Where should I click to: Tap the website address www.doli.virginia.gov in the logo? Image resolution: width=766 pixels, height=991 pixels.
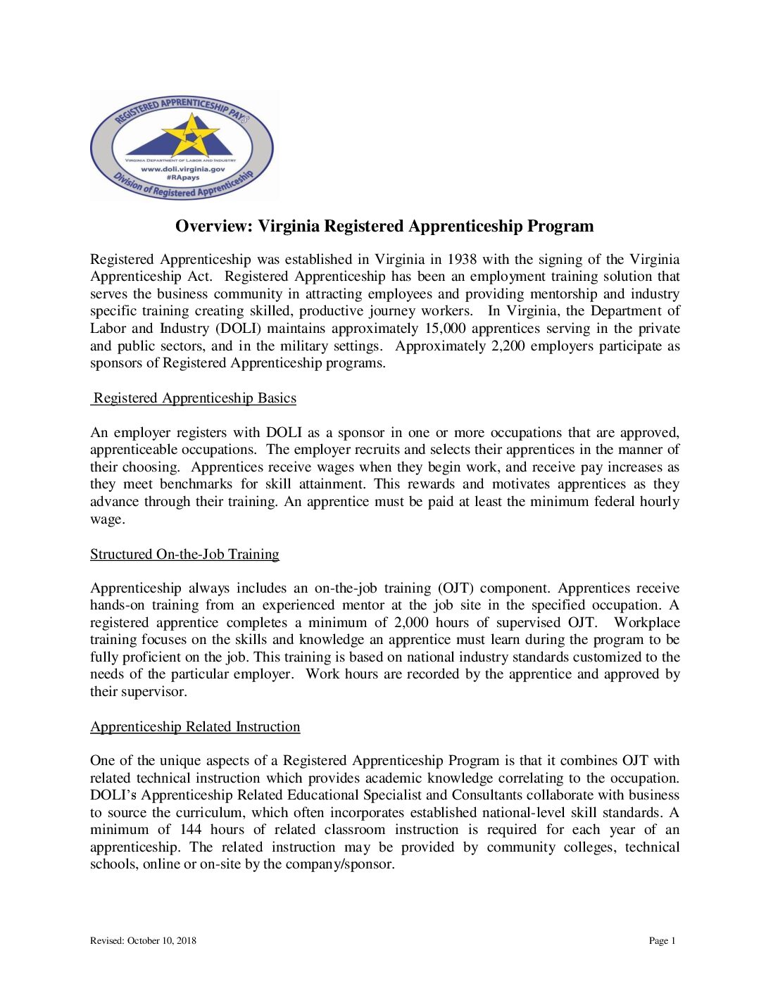tap(183, 169)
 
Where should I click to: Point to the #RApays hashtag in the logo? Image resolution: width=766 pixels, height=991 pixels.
tap(183, 178)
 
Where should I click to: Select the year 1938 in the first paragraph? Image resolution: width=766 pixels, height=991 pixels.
tap(462, 259)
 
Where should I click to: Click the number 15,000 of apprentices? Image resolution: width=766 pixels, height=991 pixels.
tap(445, 329)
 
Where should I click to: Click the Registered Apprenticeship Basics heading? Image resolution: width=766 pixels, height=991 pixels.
tap(194, 398)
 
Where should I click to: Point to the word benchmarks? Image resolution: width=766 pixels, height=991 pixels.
tap(196, 484)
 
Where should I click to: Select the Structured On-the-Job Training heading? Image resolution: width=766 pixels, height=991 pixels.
tap(184, 555)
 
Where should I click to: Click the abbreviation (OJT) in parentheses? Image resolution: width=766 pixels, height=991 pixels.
tap(456, 588)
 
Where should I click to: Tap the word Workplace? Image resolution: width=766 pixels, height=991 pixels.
tap(646, 623)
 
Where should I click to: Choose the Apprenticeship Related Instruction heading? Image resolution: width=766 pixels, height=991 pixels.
tap(195, 727)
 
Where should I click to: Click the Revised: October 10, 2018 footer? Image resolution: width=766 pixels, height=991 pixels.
tap(143, 941)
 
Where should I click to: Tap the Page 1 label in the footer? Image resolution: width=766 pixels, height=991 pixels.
tap(662, 941)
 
